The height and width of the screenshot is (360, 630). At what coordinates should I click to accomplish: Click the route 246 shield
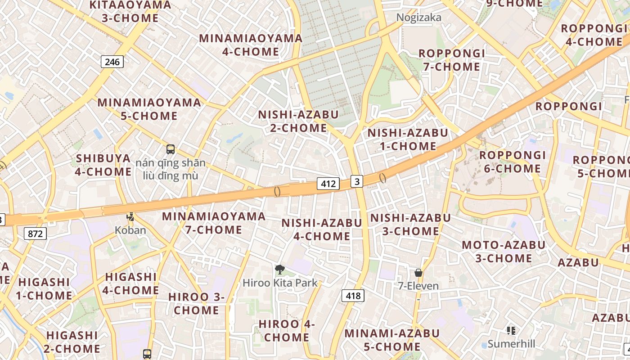pyautogui.click(x=112, y=62)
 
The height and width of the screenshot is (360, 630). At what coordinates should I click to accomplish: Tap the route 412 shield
pyautogui.click(x=328, y=184)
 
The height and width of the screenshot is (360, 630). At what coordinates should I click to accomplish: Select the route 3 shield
pyautogui.click(x=357, y=181)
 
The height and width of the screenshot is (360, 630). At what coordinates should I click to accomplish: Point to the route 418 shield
pyautogui.click(x=353, y=296)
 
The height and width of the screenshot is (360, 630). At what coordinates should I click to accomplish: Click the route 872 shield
pyautogui.click(x=35, y=234)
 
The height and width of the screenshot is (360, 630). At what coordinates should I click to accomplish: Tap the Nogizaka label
pyautogui.click(x=418, y=18)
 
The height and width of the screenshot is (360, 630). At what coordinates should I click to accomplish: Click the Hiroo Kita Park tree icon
pyautogui.click(x=280, y=270)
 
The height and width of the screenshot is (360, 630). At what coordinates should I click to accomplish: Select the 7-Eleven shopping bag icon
pyautogui.click(x=418, y=272)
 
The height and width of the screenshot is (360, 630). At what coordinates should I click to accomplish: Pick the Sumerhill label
pyautogui.click(x=512, y=344)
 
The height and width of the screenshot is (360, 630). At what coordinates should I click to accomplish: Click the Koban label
pyautogui.click(x=130, y=230)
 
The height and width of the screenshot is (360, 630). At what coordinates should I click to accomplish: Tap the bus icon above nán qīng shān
pyautogui.click(x=170, y=149)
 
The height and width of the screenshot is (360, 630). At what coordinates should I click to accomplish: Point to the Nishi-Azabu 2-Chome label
pyautogui.click(x=298, y=121)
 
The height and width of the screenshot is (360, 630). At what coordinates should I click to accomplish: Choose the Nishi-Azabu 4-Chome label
pyautogui.click(x=322, y=229)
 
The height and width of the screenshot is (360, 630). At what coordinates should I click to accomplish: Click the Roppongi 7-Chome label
pyautogui.click(x=452, y=60)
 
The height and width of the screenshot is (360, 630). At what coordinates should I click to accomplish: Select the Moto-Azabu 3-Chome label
pyautogui.click(x=504, y=252)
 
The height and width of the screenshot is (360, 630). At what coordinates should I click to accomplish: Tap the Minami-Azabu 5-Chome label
pyautogui.click(x=392, y=340)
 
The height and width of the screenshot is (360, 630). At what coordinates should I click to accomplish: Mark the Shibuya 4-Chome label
pyautogui.click(x=103, y=165)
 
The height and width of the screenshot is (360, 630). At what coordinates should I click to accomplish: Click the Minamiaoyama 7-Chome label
pyautogui.click(x=214, y=223)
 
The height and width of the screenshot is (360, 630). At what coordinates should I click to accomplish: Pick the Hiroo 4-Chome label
pyautogui.click(x=287, y=331)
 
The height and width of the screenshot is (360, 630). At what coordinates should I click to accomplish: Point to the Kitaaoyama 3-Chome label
pyautogui.click(x=130, y=12)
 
